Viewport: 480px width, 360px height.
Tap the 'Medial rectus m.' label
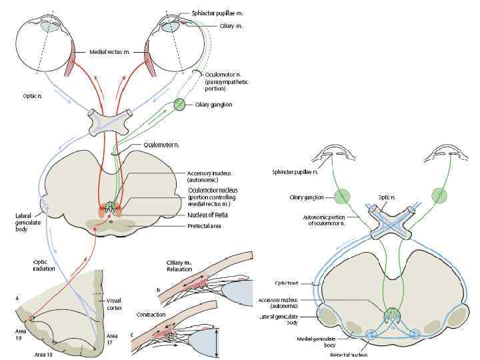[x=113, y=51]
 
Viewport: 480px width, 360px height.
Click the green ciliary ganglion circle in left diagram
[x=179, y=104]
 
